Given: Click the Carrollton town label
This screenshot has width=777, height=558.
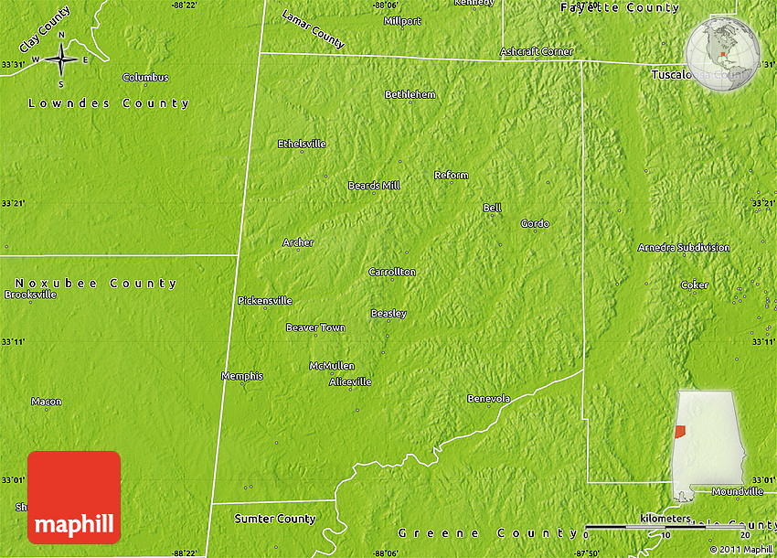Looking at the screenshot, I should (x=392, y=272).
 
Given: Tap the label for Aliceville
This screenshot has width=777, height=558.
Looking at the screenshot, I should (x=350, y=381).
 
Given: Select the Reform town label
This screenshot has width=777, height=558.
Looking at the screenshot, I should (x=451, y=175).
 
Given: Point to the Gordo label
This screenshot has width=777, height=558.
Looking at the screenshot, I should (x=535, y=223).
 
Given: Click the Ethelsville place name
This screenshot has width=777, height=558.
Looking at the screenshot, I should (x=302, y=144).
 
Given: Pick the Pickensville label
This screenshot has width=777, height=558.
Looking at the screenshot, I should (x=265, y=300).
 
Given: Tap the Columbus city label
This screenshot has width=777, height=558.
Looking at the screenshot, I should (x=145, y=78).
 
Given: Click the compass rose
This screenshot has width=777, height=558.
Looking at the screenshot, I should (x=60, y=59).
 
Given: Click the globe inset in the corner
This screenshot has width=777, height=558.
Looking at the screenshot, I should (x=722, y=53).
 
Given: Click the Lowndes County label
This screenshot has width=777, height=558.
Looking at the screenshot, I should (x=109, y=103).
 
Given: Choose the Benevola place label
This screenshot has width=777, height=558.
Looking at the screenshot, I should (x=488, y=398).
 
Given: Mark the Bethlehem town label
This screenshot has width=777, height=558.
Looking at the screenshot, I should (x=410, y=94).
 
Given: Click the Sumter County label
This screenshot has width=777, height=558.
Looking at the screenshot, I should (x=275, y=519).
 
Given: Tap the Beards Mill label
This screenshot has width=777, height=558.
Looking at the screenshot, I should (x=374, y=186).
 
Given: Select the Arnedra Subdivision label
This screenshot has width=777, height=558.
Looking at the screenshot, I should (x=684, y=247).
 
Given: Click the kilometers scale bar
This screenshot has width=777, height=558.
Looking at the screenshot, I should (x=665, y=527).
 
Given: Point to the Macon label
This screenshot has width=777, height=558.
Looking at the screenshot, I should (x=47, y=402).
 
